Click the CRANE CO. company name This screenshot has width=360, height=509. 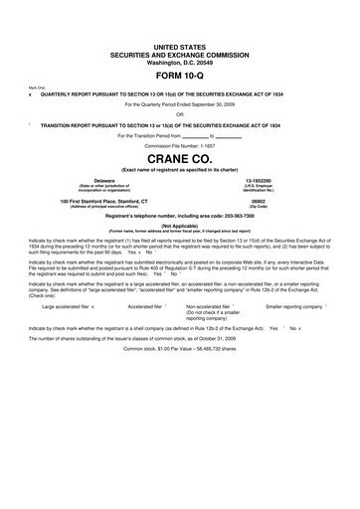tap(180, 159)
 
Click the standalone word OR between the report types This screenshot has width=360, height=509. tap(180, 112)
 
